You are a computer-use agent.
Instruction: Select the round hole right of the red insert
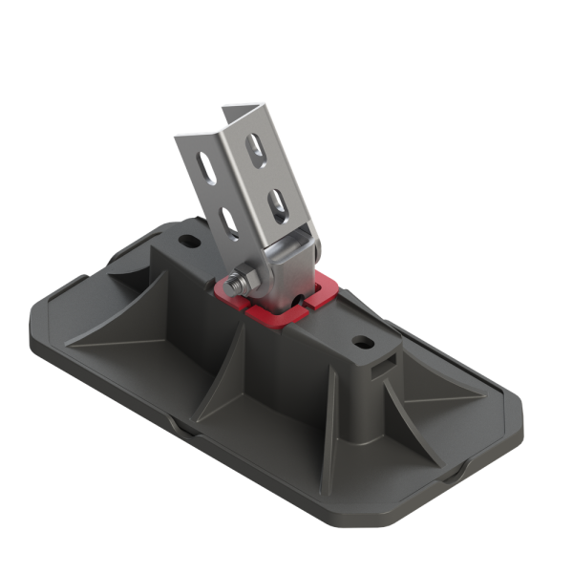coord(363,340)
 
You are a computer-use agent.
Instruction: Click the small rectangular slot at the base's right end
coord(386,364)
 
